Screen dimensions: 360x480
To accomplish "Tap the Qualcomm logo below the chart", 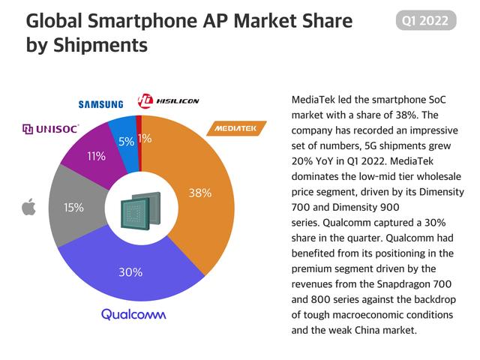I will click(x=133, y=314).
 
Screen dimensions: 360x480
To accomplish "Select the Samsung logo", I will click(x=103, y=103).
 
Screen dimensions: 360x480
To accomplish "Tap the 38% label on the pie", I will click(x=200, y=193).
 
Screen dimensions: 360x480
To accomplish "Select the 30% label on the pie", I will click(x=130, y=271).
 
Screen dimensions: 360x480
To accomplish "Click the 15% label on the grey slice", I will click(x=73, y=207).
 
